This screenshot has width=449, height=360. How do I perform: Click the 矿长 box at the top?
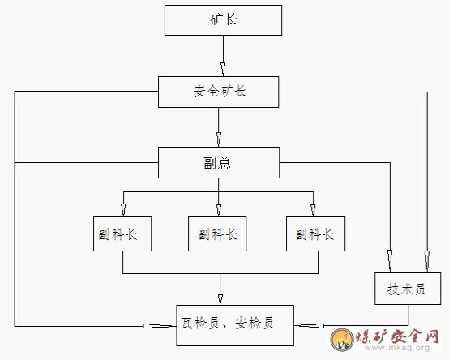click(223, 20)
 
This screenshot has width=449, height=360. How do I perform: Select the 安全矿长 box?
click(219, 92)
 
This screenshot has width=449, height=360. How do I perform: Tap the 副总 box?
click(219, 163)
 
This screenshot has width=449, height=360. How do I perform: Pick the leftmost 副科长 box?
click(122, 234)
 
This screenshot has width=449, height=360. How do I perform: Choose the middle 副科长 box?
click(217, 234)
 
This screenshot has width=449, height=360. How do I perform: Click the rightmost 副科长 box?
click(315, 234)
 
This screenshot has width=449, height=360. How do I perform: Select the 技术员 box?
click(408, 289)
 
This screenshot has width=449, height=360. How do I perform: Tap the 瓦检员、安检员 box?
click(235, 325)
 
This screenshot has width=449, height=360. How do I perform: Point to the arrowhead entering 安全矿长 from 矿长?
click(223, 69)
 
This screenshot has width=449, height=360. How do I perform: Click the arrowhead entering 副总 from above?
click(219, 139)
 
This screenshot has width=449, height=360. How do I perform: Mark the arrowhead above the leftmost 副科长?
click(123, 210)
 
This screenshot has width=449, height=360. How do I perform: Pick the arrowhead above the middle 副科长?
click(219, 210)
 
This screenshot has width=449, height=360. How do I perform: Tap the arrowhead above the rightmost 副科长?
click(313, 210)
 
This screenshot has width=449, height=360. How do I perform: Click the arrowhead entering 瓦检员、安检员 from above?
click(220, 299)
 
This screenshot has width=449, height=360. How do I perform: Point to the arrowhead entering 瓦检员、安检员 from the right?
click(310, 326)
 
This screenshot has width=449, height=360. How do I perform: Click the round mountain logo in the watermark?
click(342, 339)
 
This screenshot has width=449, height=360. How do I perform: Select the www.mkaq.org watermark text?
click(397, 348)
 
